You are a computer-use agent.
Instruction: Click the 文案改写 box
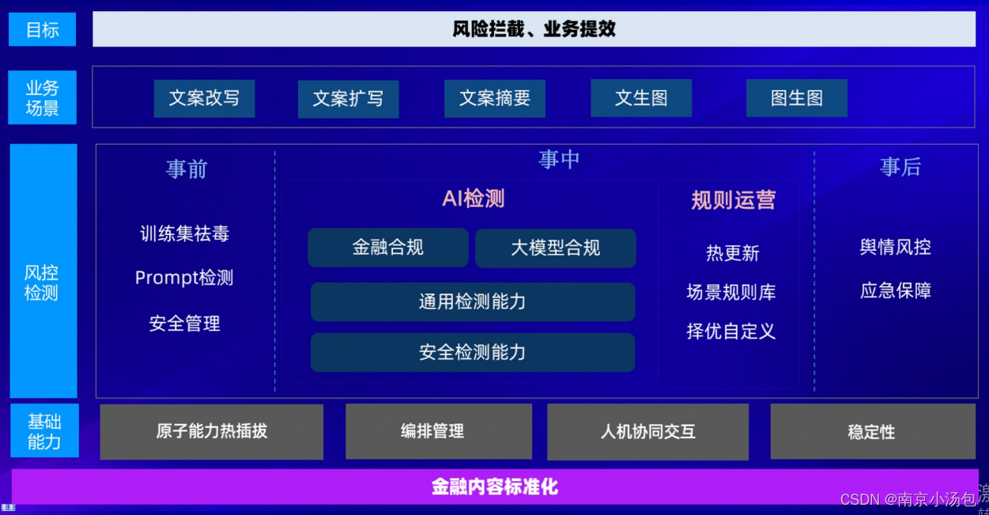click(204, 98)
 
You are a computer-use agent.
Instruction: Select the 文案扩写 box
click(348, 99)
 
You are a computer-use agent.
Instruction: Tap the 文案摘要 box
click(495, 99)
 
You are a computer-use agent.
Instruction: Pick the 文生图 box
click(641, 98)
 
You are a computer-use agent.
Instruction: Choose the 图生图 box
click(796, 98)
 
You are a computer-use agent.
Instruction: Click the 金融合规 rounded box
click(387, 248)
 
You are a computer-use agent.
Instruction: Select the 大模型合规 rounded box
click(555, 248)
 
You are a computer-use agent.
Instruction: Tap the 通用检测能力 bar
click(472, 301)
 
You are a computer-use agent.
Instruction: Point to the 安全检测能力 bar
click(472, 352)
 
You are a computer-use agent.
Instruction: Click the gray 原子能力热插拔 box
click(211, 431)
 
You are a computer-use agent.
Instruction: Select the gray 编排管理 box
click(438, 431)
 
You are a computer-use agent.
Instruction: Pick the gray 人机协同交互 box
click(647, 432)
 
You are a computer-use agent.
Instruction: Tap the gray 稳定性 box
click(872, 432)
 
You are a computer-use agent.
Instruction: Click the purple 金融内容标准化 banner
click(495, 487)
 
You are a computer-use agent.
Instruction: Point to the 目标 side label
click(43, 30)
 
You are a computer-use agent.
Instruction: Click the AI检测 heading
click(473, 198)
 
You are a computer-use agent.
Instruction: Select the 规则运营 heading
click(733, 200)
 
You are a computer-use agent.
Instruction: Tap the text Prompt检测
click(184, 278)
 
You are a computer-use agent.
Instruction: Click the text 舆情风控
click(895, 247)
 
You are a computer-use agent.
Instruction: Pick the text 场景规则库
click(731, 292)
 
